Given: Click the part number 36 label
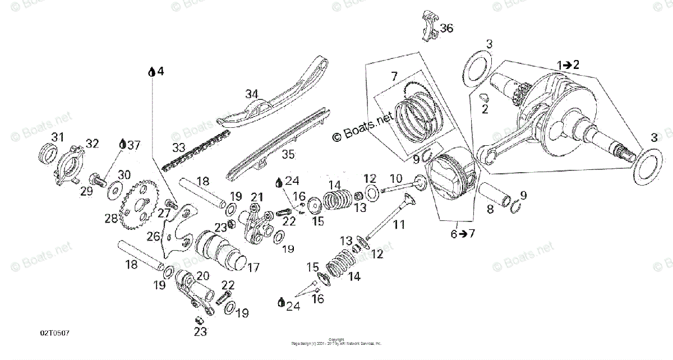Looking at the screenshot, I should click(x=446, y=28).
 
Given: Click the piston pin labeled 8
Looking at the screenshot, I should click(x=494, y=196).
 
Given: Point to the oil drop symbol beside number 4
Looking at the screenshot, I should click(x=151, y=72).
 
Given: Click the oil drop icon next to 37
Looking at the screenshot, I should click(x=123, y=145).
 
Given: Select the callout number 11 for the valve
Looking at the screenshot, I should click(x=398, y=225).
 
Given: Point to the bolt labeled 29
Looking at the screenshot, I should click(x=98, y=181).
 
